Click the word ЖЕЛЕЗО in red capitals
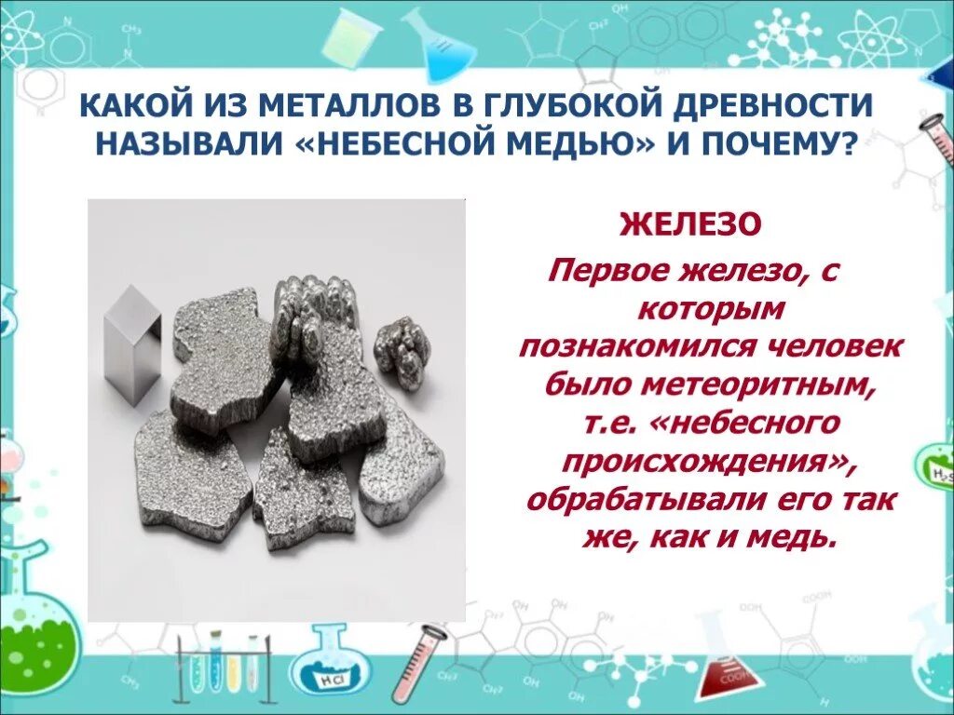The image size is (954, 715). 691,224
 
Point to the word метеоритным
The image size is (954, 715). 774,382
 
